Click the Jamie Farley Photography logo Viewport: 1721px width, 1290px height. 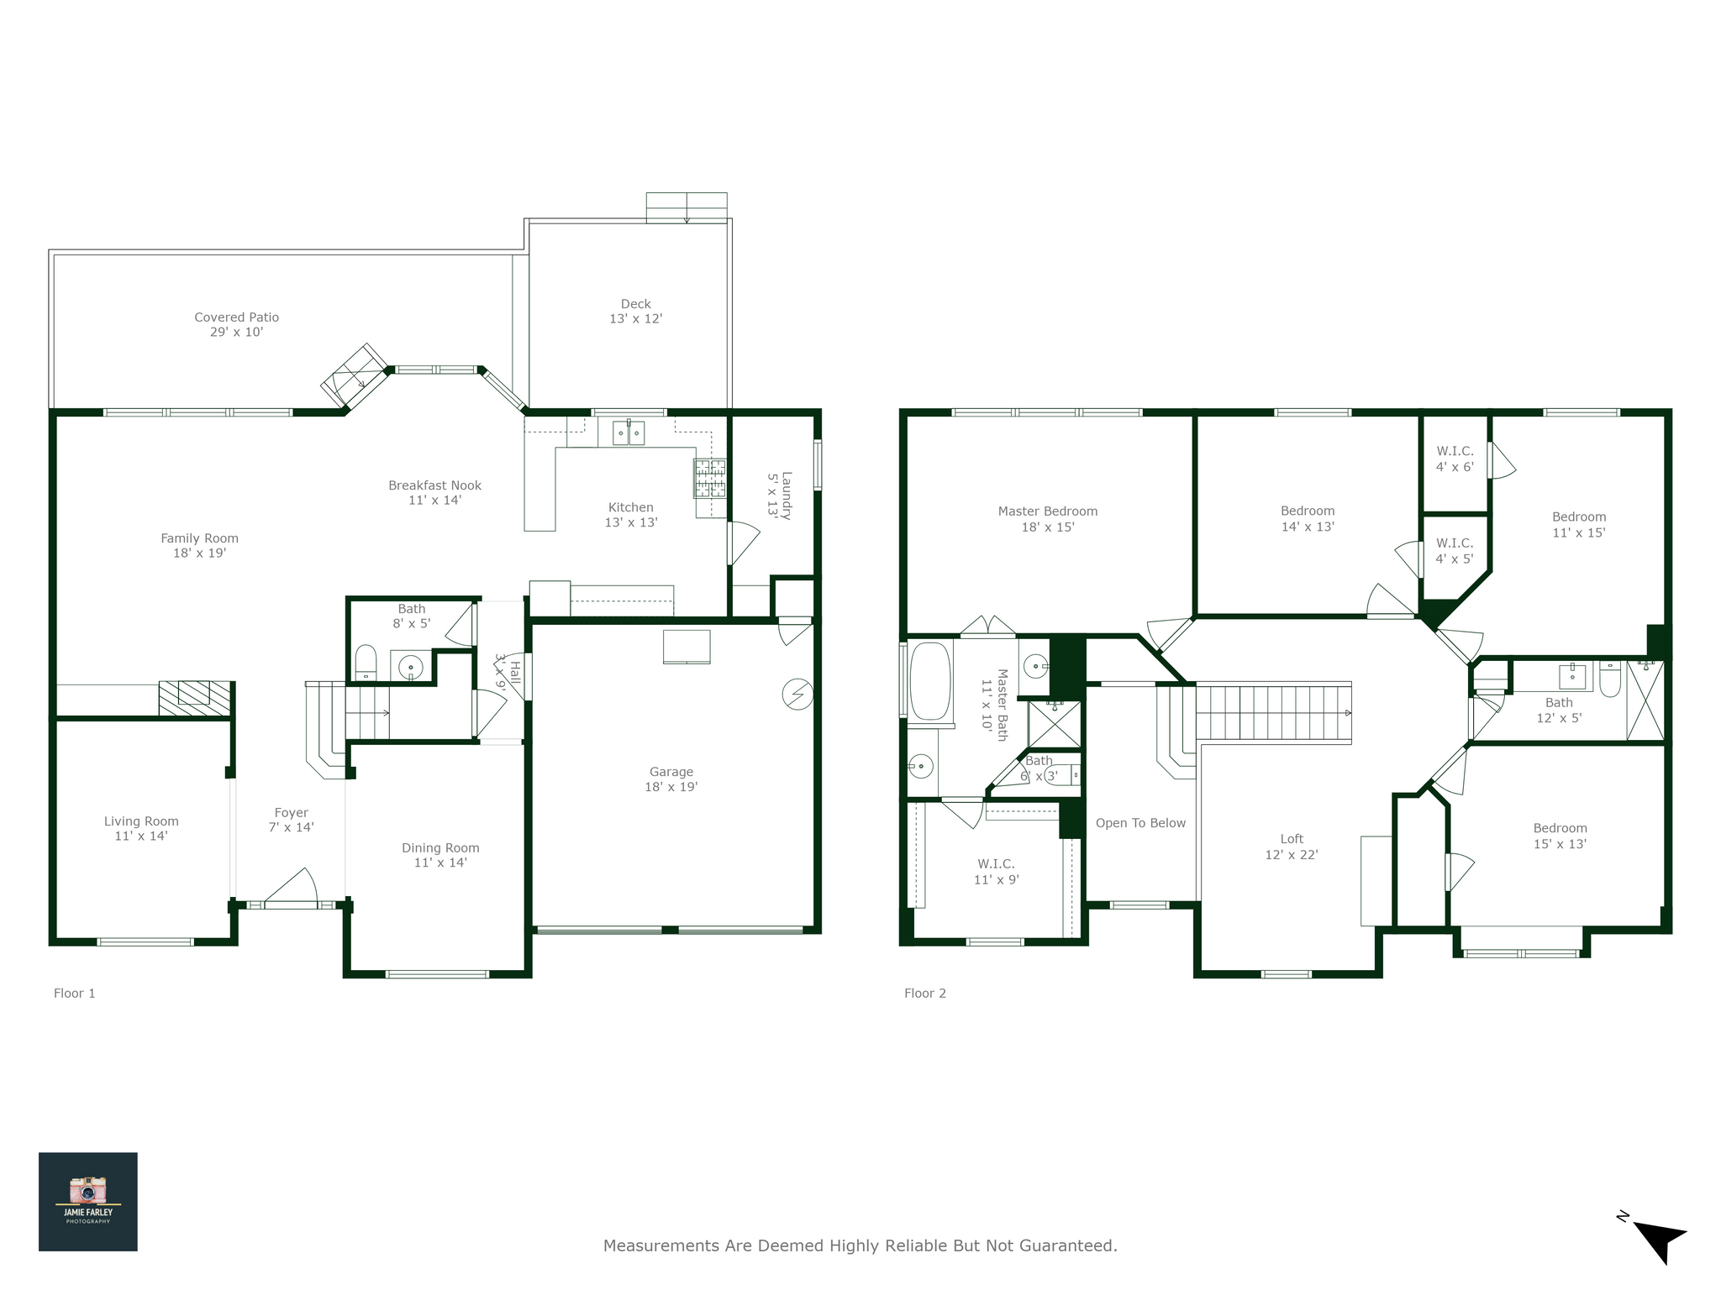pos(87,1201)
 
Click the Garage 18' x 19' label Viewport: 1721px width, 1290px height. pos(671,779)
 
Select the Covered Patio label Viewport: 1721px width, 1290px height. pos(236,324)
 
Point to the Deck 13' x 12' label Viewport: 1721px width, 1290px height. pos(635,311)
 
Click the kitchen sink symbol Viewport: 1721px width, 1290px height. pos(628,433)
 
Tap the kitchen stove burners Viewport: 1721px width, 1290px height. pos(709,478)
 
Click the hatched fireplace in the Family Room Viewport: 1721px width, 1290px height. pos(194,698)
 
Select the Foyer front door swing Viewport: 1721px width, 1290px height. pos(294,889)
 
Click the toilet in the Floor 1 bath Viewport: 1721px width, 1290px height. pos(366,662)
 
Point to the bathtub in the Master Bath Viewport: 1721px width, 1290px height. pos(929,681)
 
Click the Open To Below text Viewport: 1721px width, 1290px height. pos(1140,823)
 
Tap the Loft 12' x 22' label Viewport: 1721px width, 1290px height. pos(1291,847)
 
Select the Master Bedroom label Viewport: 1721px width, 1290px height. pos(1047,519)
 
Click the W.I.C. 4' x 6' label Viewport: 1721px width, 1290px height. pos(1454,459)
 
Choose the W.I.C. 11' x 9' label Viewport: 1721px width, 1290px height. pos(996,872)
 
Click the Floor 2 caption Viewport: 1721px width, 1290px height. pos(924,994)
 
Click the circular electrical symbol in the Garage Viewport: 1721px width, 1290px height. pos(797,694)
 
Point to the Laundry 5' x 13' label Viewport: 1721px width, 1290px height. pos(779,495)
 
